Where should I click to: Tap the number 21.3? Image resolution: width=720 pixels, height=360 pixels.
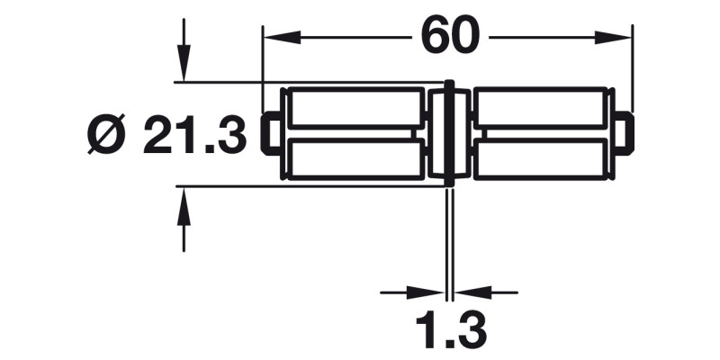click(x=194, y=137)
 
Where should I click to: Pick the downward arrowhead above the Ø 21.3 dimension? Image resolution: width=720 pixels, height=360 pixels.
click(x=184, y=67)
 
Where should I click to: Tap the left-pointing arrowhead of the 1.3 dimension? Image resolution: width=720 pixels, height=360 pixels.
click(x=468, y=292)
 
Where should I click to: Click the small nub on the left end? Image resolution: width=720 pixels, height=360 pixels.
click(x=268, y=134)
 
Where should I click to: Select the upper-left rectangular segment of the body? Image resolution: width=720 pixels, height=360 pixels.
click(x=355, y=108)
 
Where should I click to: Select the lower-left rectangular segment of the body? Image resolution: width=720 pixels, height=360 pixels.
click(x=355, y=159)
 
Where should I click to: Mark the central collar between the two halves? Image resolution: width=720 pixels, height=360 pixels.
click(x=448, y=133)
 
